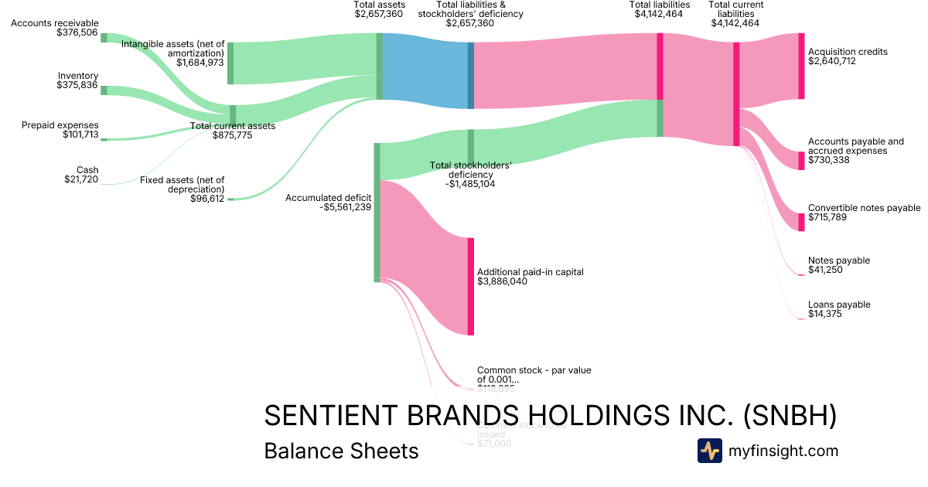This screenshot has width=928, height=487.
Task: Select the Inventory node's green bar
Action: (x=104, y=90)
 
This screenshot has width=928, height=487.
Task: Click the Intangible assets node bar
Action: (x=230, y=63)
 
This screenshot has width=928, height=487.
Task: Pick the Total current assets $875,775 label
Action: (x=232, y=131)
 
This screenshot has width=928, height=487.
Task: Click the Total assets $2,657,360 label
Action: (x=379, y=9)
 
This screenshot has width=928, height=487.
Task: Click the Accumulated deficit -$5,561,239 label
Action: (x=328, y=203)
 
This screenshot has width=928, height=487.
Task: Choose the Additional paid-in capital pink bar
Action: (x=470, y=286)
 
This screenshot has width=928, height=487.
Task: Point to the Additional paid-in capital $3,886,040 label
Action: (x=530, y=277)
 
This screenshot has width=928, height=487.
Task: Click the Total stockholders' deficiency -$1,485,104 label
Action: (x=471, y=175)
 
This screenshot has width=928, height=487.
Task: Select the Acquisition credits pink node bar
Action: (x=801, y=66)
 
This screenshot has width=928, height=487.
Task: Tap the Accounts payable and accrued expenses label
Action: (x=855, y=151)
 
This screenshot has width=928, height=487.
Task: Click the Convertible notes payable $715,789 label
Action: (x=864, y=213)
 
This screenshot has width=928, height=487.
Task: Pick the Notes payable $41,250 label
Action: (x=838, y=265)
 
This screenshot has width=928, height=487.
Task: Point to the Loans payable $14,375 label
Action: (x=838, y=309)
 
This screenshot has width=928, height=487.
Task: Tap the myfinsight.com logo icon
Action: (x=709, y=451)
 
